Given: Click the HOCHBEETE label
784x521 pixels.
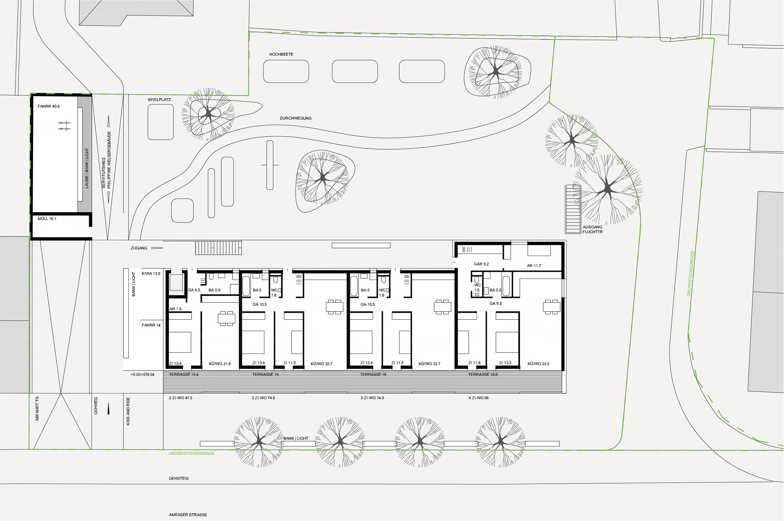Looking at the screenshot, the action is (281, 54).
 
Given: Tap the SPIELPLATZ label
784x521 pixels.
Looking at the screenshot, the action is (159, 100).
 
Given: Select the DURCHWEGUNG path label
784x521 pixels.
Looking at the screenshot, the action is (296, 118).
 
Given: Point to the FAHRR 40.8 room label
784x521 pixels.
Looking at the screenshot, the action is (49, 106).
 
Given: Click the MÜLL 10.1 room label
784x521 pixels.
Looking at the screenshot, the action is (47, 219).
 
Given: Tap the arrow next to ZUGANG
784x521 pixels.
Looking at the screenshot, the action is (157, 248).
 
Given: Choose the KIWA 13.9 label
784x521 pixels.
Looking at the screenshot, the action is (151, 273).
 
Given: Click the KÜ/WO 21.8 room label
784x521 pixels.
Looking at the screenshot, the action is (220, 364).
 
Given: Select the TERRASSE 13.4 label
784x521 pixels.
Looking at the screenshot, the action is (184, 374).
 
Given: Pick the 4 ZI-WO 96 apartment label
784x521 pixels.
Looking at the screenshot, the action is (479, 398).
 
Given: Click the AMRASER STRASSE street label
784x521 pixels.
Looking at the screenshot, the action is (188, 515).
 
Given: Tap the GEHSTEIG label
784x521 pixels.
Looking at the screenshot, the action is (179, 478).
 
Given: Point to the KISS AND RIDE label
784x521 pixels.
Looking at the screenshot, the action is (128, 411).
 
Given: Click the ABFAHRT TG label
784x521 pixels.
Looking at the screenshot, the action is (37, 408).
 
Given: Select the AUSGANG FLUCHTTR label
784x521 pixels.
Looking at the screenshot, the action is (592, 229).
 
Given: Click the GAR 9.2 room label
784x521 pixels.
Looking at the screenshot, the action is (481, 264).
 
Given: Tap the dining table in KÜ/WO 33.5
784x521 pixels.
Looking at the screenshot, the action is (552, 306).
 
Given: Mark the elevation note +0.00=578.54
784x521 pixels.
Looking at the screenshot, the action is (142, 374).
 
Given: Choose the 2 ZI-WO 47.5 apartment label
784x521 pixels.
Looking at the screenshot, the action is (180, 398).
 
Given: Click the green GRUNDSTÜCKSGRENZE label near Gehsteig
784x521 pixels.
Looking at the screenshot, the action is (192, 453).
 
